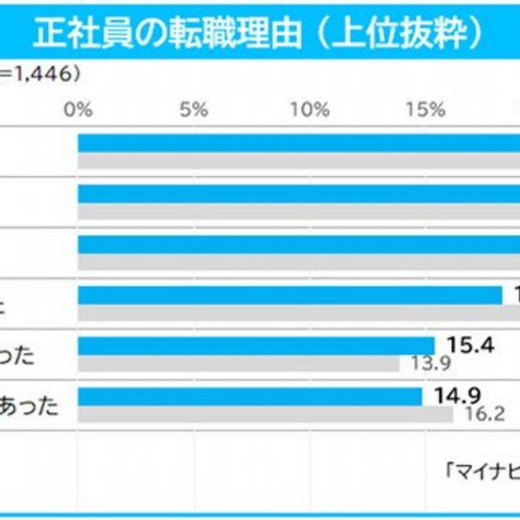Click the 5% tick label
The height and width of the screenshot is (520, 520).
[x=195, y=110]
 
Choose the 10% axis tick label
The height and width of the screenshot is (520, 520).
[x=310, y=110]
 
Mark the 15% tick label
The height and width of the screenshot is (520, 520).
[x=426, y=110]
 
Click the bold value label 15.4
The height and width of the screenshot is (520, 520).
[x=466, y=345]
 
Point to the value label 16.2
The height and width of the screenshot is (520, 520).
[x=481, y=413]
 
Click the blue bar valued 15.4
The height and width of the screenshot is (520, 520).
[x=256, y=345]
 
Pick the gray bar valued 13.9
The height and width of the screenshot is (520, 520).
[x=239, y=363]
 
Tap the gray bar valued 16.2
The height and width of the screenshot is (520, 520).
[x=265, y=414]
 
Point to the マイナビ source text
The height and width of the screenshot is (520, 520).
[x=483, y=469]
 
